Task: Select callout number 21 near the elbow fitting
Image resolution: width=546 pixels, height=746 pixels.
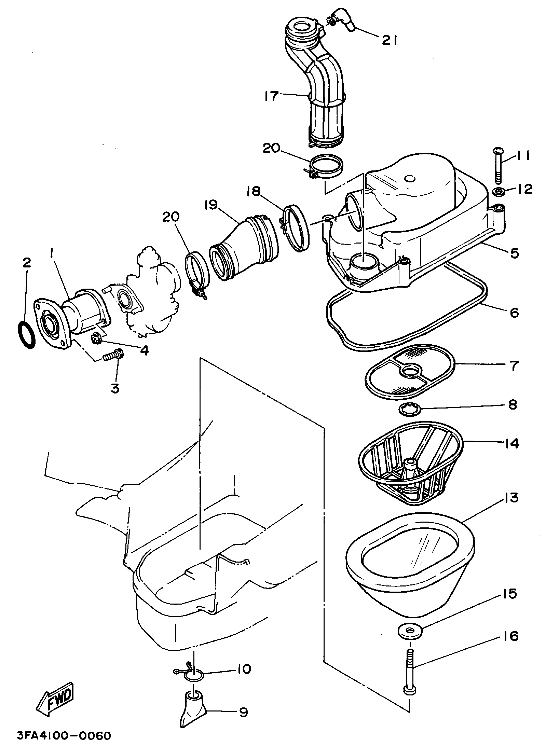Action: pyautogui.click(x=389, y=41)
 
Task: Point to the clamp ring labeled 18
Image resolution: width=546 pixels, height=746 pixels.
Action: pyautogui.click(x=296, y=228)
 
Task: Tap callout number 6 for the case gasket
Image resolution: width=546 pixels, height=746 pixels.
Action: pyautogui.click(x=514, y=312)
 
